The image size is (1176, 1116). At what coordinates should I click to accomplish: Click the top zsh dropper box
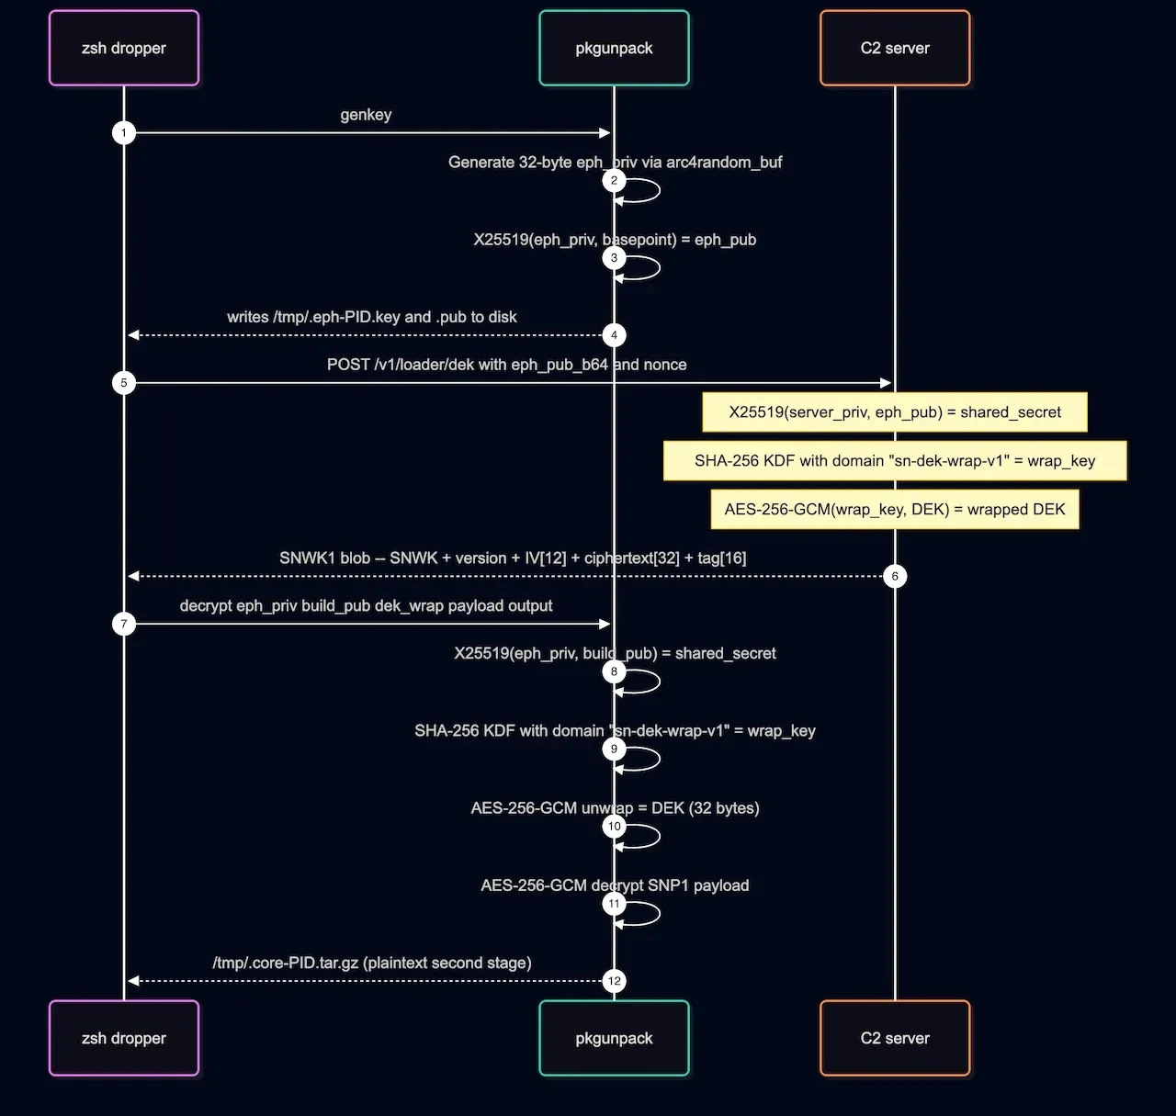click(124, 48)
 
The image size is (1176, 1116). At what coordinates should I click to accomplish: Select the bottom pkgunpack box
click(614, 1038)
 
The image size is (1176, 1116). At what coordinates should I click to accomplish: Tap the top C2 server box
click(895, 48)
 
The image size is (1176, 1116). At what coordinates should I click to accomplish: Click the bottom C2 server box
click(895, 1038)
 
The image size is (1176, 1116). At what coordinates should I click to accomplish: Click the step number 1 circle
click(124, 133)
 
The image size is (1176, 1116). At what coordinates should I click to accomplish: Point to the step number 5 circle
click(124, 383)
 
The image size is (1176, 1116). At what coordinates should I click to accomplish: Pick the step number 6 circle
click(895, 576)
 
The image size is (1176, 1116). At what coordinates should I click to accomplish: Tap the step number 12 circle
click(614, 981)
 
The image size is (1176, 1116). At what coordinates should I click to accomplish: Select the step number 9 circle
click(614, 749)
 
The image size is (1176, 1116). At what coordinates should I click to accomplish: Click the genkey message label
click(366, 114)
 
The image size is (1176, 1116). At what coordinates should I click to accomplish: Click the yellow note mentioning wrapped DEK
click(895, 509)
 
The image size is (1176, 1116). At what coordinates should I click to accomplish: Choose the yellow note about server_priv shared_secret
click(895, 412)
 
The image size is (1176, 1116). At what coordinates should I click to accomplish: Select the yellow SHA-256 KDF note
click(895, 460)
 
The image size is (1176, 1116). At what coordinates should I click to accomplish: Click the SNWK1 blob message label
click(513, 558)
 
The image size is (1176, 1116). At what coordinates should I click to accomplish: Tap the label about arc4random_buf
click(615, 162)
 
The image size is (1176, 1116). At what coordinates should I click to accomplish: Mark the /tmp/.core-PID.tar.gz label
click(372, 963)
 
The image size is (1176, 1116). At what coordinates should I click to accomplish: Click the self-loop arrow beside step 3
click(659, 268)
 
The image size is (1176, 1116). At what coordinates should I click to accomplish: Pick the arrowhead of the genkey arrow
click(605, 133)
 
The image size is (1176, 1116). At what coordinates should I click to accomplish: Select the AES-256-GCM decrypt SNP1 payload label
click(615, 885)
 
